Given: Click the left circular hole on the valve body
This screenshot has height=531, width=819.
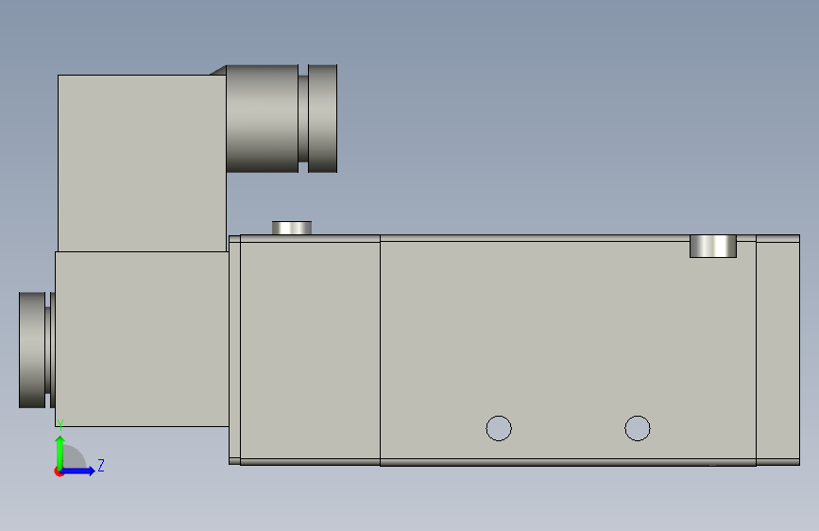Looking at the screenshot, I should point(499,428).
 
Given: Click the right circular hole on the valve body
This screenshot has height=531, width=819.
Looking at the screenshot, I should point(638,428).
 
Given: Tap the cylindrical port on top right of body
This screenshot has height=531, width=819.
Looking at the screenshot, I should point(712,246).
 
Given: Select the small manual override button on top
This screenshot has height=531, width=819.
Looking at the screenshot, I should point(292,228).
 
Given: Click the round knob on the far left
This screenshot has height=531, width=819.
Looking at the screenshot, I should point(34,350).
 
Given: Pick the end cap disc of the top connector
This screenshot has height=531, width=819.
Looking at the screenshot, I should point(323,118).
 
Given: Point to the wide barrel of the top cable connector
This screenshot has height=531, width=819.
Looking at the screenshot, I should point(263,118).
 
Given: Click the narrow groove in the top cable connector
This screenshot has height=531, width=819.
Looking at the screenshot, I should point(303,118).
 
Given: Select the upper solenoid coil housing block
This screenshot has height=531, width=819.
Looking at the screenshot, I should point(142,163).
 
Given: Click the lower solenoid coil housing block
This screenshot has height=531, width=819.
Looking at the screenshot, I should point(142,338).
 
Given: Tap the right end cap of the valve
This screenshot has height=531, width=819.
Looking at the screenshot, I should point(777,350).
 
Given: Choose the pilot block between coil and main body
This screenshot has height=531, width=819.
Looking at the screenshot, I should point(310,350).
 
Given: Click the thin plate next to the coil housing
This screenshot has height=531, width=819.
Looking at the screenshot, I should point(234,350).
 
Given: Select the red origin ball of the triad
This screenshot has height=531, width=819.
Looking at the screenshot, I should point(60,471).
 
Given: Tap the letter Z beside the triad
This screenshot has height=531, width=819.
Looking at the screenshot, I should point(101,465).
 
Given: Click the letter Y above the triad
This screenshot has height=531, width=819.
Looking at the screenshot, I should point(60,424).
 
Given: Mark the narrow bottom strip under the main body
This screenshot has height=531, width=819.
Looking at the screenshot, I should point(567,462).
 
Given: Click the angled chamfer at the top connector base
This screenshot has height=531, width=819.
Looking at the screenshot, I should point(218,70).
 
